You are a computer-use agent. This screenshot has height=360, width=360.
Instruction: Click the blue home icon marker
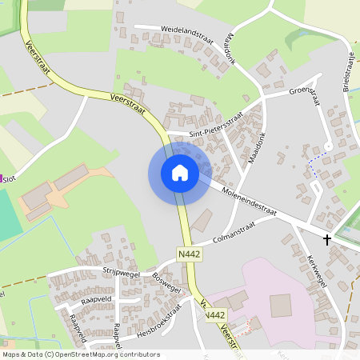[180, 173]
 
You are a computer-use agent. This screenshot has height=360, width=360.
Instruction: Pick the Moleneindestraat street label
[249, 202]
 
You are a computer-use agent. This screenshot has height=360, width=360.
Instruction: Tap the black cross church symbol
[326, 239]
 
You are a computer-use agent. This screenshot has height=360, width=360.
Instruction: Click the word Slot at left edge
[10, 179]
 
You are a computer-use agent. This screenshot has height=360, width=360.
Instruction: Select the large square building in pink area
[281, 305]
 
